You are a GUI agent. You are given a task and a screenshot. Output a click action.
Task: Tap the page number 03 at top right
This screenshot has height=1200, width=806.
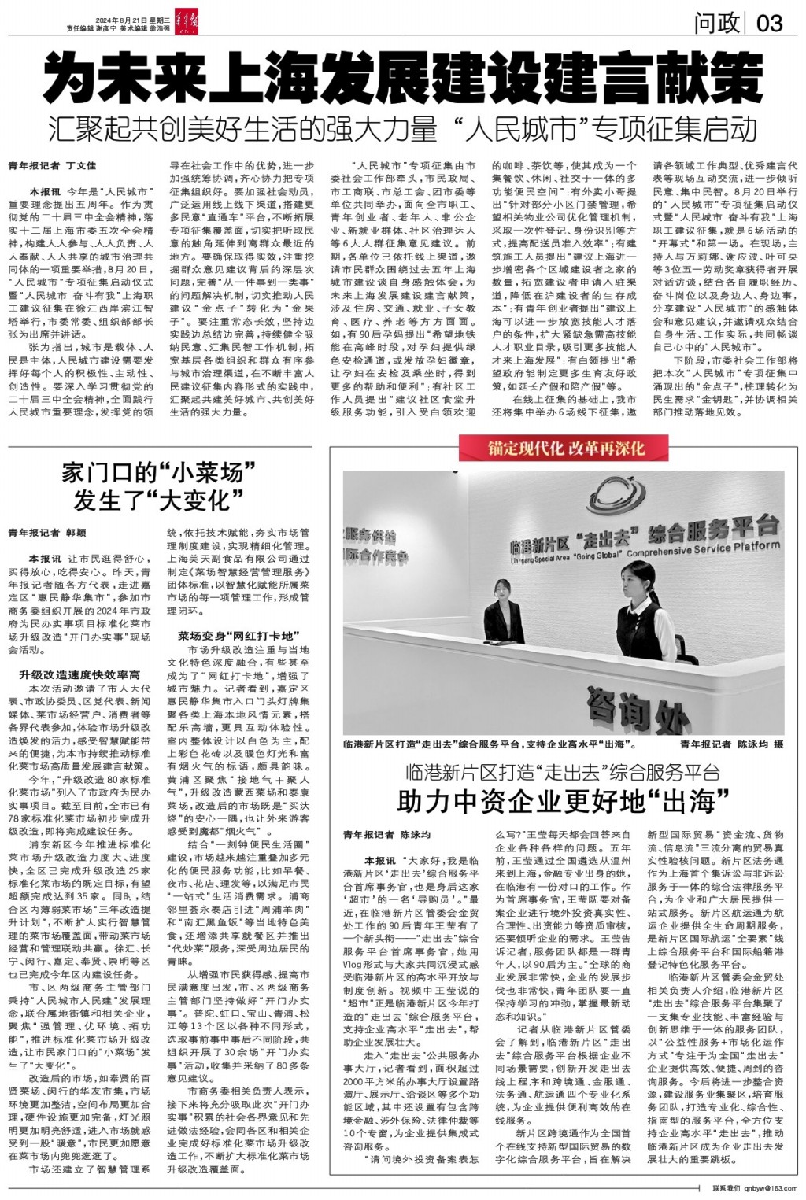(x=769, y=23)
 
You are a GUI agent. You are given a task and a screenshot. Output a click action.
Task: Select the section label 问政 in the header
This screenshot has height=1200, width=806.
(x=715, y=23)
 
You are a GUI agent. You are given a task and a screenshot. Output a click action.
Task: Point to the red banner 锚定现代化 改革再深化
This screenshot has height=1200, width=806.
(x=565, y=449)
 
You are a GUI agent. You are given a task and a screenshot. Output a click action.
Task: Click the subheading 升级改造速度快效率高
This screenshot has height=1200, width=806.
(x=79, y=674)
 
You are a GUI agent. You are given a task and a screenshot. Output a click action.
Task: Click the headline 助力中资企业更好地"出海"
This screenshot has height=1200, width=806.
(x=563, y=801)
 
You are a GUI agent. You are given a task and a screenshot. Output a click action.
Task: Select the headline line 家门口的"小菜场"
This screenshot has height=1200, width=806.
(x=161, y=474)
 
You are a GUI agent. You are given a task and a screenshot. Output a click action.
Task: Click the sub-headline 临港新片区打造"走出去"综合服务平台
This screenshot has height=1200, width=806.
(x=563, y=770)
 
